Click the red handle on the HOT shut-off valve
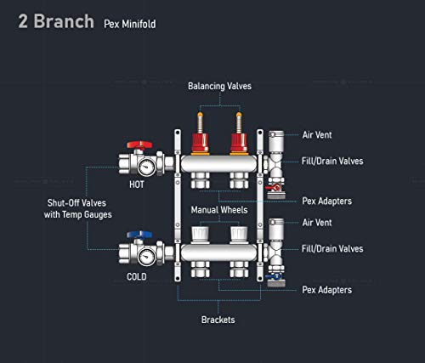pos(139,145)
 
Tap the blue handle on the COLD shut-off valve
pos(139,235)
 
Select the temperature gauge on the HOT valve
pos(146,167)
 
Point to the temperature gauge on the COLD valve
pos(146,257)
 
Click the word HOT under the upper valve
pos(137,184)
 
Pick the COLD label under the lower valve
pos(137,276)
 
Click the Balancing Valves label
pos(219,86)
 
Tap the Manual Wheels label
pos(219,210)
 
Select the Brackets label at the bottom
pos(218,320)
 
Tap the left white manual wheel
pos(200,235)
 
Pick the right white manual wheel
pos(239,235)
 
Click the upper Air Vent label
pos(317,135)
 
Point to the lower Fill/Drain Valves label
pos(332,249)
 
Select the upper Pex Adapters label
pos(327,201)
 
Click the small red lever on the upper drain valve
pos(273,187)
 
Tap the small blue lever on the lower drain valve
pos(273,276)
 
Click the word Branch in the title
pos(64,21)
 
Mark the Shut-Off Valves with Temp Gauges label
pos(77,209)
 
